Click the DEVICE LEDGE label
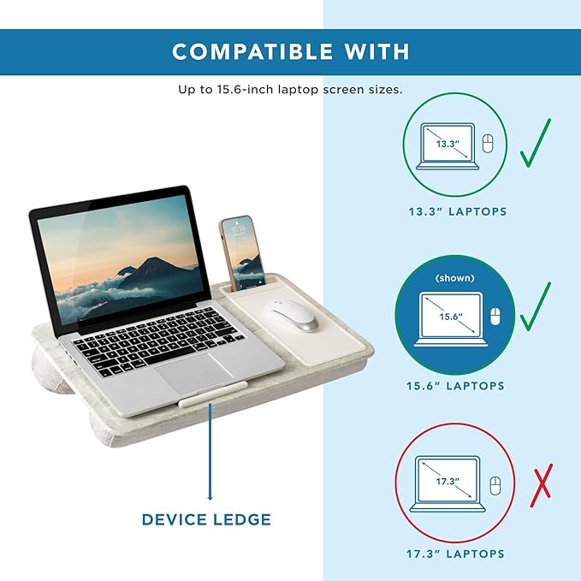click(x=206, y=519)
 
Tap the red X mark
click(x=541, y=485)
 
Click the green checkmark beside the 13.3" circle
click(x=536, y=143)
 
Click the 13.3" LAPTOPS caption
click(x=456, y=211)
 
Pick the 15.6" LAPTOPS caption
click(x=455, y=386)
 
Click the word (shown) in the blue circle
click(x=455, y=279)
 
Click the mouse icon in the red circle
click(x=494, y=486)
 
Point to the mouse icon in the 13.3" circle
click(x=488, y=143)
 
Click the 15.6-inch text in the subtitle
click(x=235, y=90)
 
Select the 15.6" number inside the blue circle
click(x=450, y=316)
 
